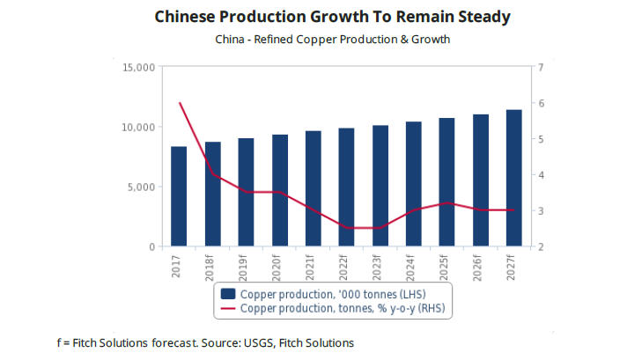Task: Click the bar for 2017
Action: pyautogui.click(x=179, y=196)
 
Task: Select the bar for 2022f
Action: pyautogui.click(x=346, y=187)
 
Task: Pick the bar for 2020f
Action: pyautogui.click(x=279, y=190)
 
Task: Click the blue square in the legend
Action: pyautogui.click(x=228, y=293)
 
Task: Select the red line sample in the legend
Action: pyautogui.click(x=228, y=308)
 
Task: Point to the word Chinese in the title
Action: pyautogui.click(x=187, y=17)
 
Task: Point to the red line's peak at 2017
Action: pyautogui.click(x=179, y=103)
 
